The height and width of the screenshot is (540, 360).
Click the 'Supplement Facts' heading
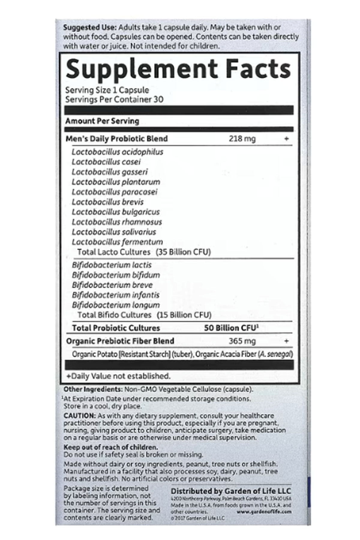click(x=178, y=69)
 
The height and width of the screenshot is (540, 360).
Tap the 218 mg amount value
click(x=242, y=139)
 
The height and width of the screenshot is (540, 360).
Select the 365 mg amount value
click(x=242, y=341)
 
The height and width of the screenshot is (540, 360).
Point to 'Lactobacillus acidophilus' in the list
click(x=117, y=152)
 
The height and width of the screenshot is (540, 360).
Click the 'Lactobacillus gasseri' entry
click(x=109, y=172)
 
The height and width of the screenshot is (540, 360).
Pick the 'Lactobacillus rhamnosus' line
click(x=117, y=222)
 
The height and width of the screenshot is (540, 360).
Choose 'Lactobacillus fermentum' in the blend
click(x=117, y=242)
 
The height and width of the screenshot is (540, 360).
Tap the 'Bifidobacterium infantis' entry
click(x=115, y=295)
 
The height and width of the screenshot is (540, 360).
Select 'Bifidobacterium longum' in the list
click(x=115, y=305)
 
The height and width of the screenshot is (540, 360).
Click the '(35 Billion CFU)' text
click(x=183, y=252)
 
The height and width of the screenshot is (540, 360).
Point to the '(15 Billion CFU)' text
click(x=184, y=315)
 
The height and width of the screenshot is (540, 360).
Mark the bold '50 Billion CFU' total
click(x=230, y=328)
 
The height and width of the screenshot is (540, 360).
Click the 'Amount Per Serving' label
click(x=102, y=121)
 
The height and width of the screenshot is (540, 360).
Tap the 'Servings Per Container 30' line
click(x=114, y=99)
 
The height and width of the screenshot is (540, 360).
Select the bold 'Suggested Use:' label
click(x=89, y=28)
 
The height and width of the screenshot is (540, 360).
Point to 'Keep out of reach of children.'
click(x=110, y=447)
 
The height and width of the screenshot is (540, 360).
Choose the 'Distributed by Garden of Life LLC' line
click(x=231, y=491)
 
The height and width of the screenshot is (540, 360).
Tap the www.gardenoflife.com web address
click(x=264, y=512)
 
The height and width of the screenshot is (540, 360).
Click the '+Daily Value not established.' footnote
click(x=118, y=376)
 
